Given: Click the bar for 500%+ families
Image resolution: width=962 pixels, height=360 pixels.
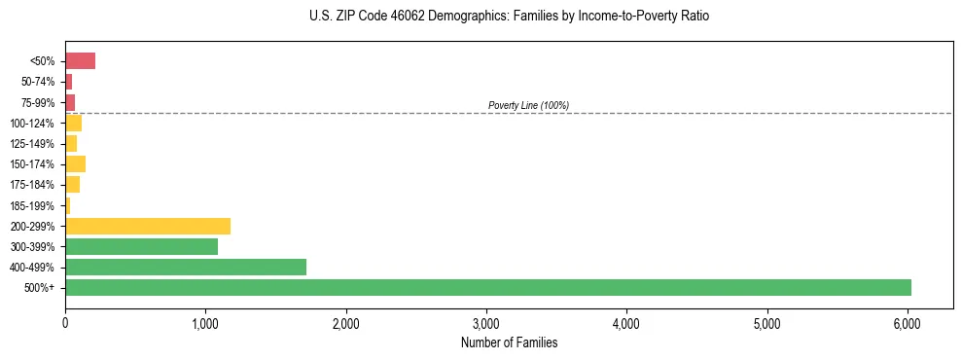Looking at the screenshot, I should pos(486,287).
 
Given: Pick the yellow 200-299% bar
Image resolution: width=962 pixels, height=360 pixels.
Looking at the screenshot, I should pos(147,226).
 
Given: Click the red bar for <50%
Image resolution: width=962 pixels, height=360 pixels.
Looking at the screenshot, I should pos(80,61).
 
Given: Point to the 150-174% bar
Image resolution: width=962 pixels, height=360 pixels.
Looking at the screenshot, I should pos(75,163).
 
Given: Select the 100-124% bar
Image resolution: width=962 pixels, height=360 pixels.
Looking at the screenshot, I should pos(73,123).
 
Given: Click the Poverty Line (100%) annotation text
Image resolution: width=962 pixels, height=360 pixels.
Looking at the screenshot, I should pos(528,105).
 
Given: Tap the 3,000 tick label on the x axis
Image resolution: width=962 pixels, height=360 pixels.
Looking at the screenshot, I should pos(486,322).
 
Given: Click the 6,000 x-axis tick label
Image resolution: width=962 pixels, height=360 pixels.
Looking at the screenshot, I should pos(908,322).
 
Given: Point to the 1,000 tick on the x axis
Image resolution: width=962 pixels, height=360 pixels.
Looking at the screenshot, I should pos(205,322).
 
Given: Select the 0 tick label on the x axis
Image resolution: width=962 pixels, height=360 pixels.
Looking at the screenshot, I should pos(65,322).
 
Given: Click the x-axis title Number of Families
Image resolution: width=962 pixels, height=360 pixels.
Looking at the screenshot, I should pos(509,342).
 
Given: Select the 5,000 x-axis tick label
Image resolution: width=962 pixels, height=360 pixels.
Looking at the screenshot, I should pos(767,322).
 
